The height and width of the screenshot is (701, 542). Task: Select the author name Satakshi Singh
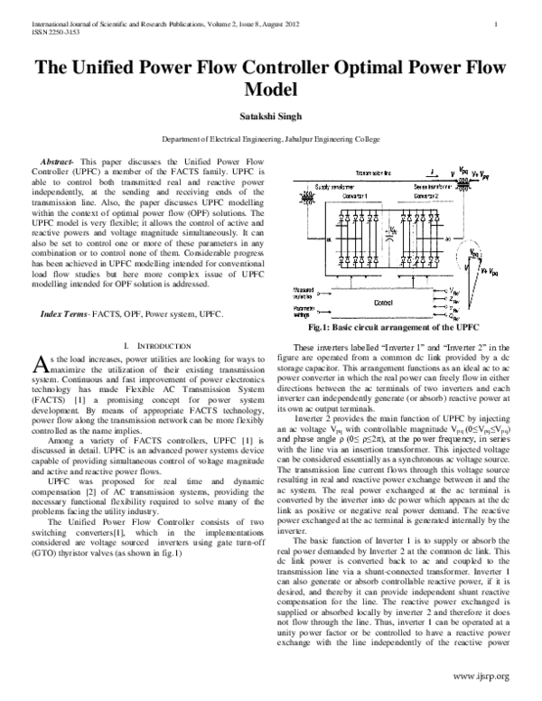[271, 116]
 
